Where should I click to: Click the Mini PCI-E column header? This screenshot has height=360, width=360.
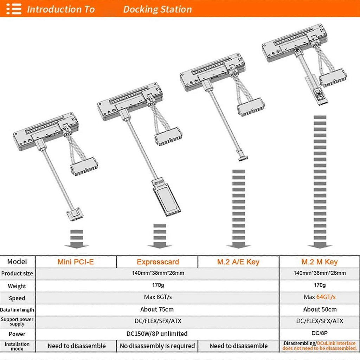tap(76, 262)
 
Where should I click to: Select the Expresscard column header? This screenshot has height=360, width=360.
tap(158, 262)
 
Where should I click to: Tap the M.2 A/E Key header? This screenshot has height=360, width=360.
tap(238, 262)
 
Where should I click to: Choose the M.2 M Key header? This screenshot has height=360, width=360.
tap(320, 262)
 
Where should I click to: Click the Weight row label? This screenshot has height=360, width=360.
tap(17, 286)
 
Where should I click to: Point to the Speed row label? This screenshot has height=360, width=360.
tap(17, 298)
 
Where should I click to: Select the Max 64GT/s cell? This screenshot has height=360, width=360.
tap(320, 297)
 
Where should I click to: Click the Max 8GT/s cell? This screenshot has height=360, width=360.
tap(158, 297)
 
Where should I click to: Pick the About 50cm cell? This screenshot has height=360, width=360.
tap(320, 309)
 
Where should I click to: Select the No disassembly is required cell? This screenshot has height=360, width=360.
tap(157, 346)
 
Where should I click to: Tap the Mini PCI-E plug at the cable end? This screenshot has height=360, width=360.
tap(75, 214)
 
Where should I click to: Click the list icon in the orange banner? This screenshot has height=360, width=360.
tap(14, 9)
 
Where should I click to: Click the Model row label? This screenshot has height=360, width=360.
tap(17, 262)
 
